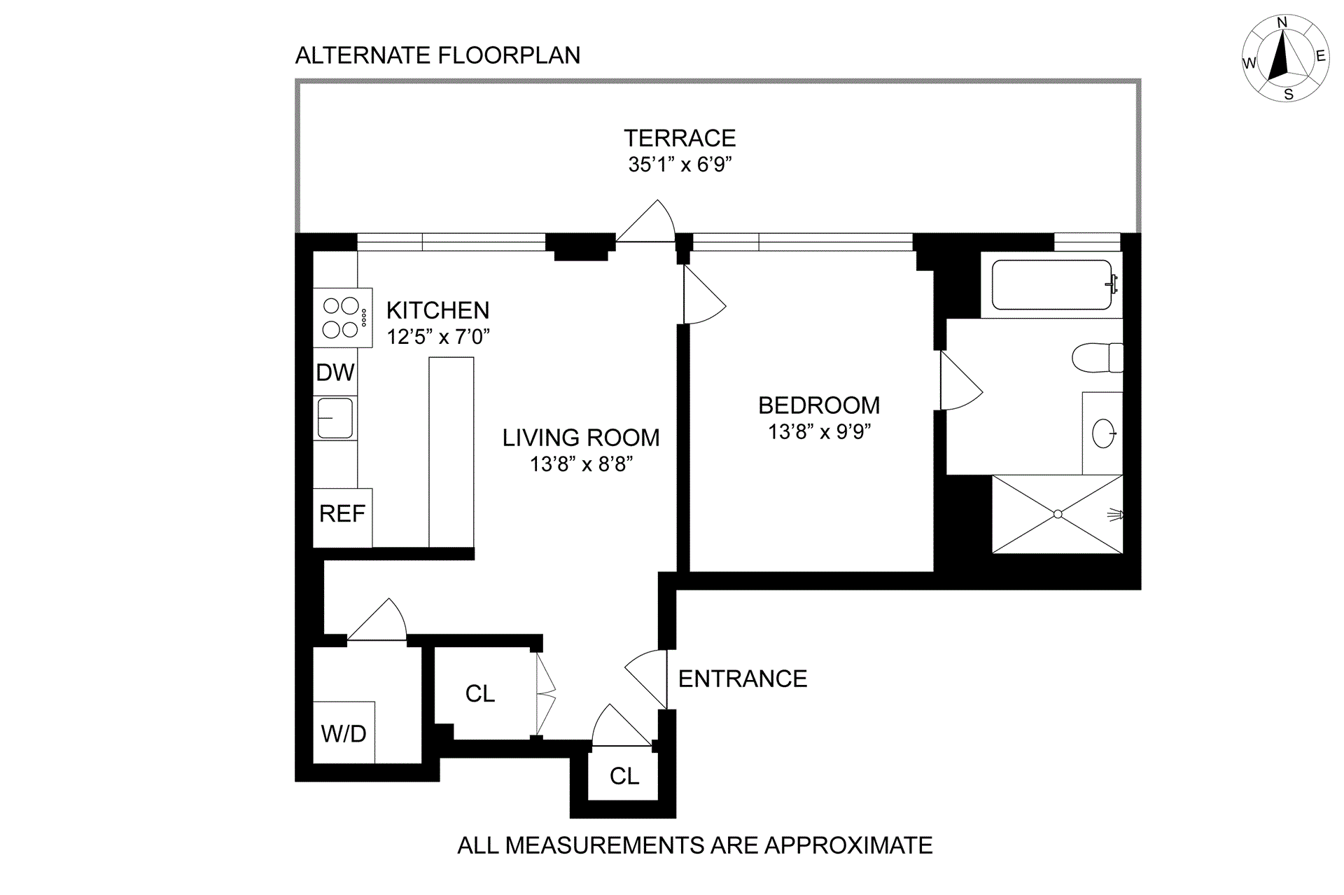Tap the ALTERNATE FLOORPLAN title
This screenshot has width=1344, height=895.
[437, 55]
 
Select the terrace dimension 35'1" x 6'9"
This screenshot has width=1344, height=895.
[680, 165]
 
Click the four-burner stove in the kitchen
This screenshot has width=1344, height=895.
[342, 318]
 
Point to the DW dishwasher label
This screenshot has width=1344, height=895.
[335, 373]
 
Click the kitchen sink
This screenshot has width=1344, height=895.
[335, 418]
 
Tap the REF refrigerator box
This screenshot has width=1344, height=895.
[342, 518]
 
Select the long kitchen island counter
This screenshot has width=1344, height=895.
[451, 452]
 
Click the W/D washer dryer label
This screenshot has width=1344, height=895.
[344, 734]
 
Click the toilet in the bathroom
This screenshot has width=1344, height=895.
[1098, 357]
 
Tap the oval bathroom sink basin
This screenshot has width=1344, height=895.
[1103, 434]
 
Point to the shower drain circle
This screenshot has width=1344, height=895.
[1058, 514]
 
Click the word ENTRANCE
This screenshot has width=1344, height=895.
[743, 679]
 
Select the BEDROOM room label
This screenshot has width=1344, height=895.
[819, 405]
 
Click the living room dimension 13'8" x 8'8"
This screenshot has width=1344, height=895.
[581, 464]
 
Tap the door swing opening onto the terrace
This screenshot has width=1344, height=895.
[645, 221]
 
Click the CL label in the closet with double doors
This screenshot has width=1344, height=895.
[480, 693]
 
